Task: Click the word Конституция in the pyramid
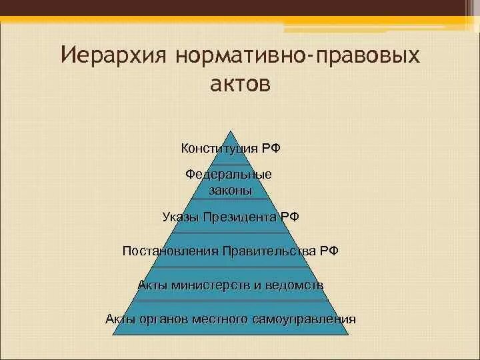click(217, 147)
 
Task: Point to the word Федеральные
click(229, 175)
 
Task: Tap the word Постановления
click(171, 251)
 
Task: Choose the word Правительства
click(269, 251)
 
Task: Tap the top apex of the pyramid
click(231, 131)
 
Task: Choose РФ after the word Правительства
click(327, 251)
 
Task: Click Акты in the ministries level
click(152, 285)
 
